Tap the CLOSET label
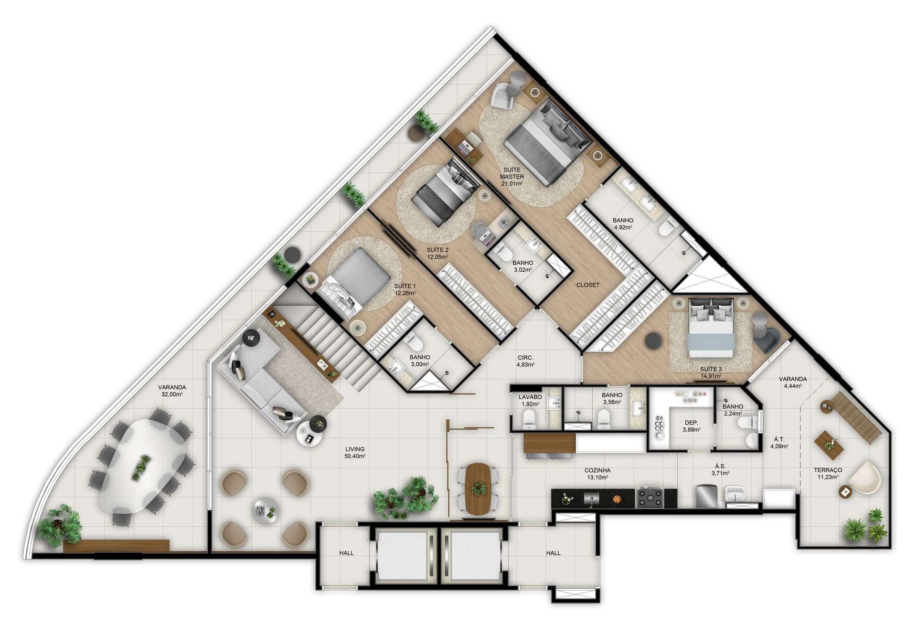click(x=587, y=285)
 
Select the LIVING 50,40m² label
click(x=355, y=452)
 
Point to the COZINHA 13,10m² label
click(x=597, y=474)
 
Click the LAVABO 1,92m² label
click(x=530, y=400)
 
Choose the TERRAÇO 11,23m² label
click(x=828, y=473)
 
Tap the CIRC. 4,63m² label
click(x=525, y=361)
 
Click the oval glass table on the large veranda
click(x=143, y=466)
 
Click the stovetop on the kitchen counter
click(x=650, y=498)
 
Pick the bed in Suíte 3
click(x=711, y=327)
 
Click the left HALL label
click(x=346, y=553)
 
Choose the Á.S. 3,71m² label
click(x=720, y=470)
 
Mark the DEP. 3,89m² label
click(x=691, y=426)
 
